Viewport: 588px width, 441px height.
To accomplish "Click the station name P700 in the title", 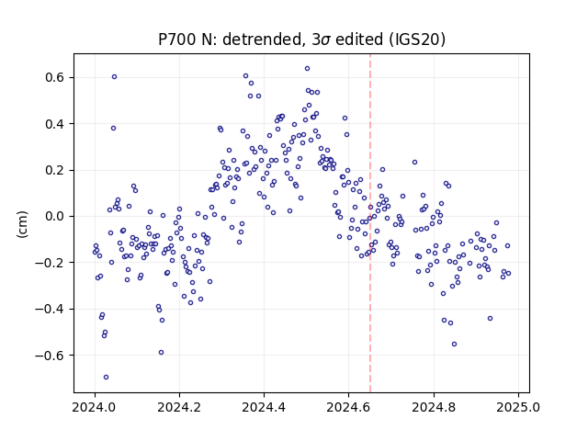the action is point(177,40).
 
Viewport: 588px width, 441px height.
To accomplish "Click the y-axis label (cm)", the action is point(22,224).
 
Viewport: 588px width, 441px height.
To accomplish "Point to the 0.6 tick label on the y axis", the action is point(55,77).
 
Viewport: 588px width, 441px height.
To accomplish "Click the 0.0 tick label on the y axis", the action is point(55,217).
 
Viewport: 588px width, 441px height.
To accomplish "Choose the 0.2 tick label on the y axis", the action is point(55,170).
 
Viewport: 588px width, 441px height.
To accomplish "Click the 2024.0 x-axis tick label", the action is point(95,407).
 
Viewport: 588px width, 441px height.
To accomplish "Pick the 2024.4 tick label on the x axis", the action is point(264,407).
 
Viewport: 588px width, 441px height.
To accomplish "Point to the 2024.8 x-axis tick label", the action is point(434,407).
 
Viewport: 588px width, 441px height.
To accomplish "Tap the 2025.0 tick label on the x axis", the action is point(518,407).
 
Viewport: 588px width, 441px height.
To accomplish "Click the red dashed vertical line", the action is point(370,223).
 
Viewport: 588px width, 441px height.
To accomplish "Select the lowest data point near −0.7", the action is point(107,378).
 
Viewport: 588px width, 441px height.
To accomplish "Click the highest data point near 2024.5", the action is point(307,69).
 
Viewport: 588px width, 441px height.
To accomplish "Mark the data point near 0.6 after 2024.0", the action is point(114,77).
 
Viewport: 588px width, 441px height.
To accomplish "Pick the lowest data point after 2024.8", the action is point(454,345).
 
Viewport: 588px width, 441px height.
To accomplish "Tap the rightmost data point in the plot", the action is point(508,274).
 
